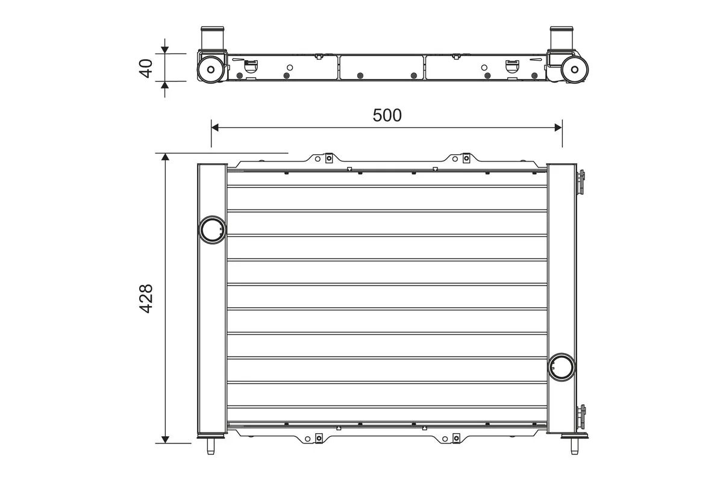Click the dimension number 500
click(x=387, y=115)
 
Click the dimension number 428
click(x=146, y=298)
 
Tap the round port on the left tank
click(x=211, y=230)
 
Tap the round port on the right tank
click(x=562, y=366)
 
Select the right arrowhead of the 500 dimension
click(x=557, y=127)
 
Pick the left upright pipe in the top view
click(x=211, y=38)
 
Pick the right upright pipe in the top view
click(x=559, y=38)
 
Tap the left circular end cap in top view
click(x=210, y=70)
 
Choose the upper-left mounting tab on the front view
click(x=328, y=159)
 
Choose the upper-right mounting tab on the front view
click(x=466, y=159)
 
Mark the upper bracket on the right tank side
click(x=581, y=183)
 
